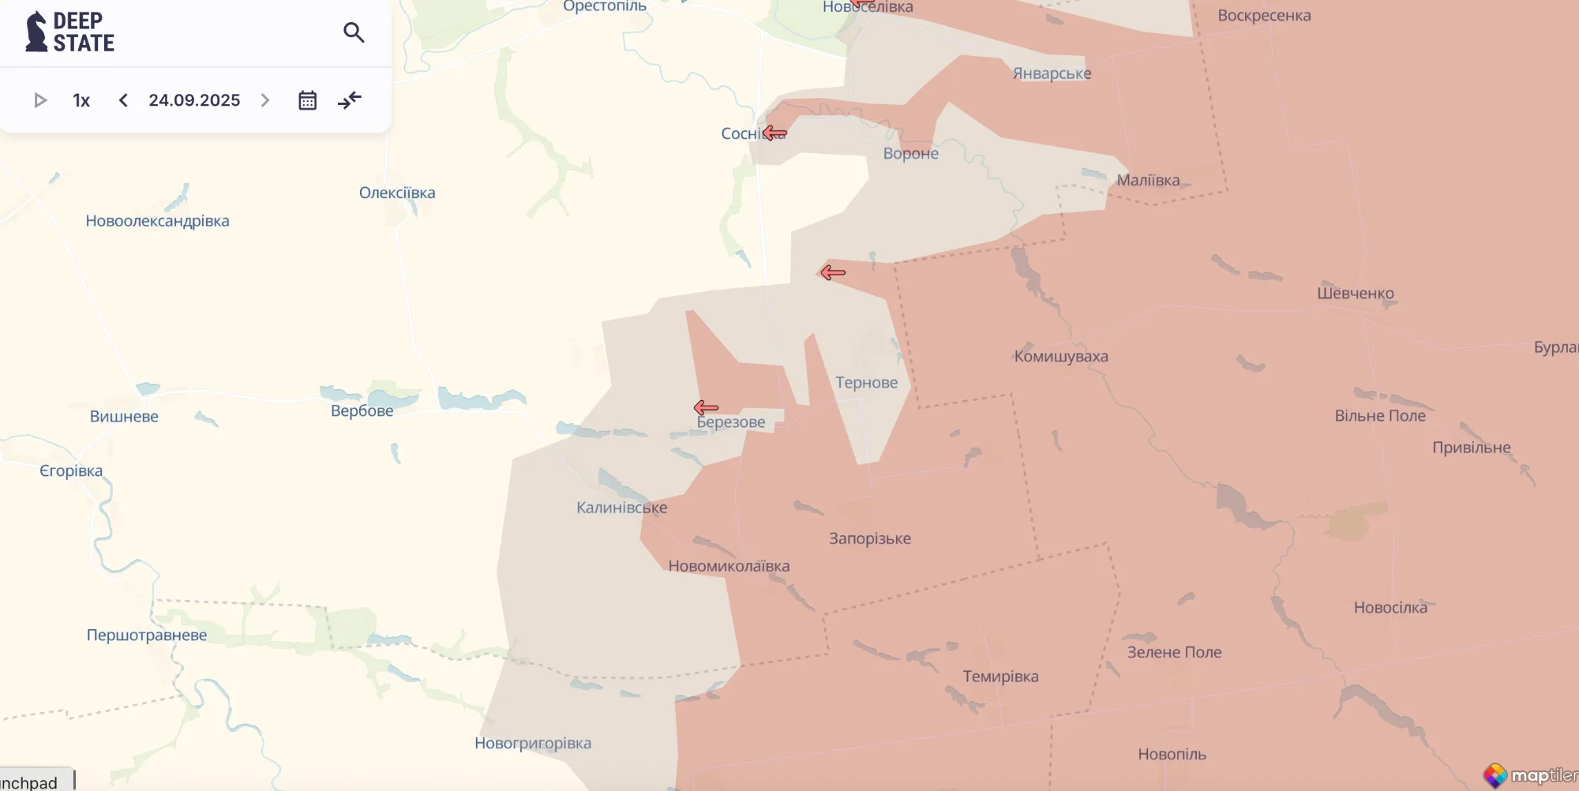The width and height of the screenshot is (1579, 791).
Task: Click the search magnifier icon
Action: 354,32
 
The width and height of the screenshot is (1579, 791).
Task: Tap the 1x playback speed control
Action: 81,100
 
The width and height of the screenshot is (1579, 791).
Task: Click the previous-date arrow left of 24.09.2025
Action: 123,100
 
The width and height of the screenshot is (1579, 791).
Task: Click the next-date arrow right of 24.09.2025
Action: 265,100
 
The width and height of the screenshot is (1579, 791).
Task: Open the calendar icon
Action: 307,100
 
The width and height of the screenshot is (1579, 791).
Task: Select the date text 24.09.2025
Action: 194,100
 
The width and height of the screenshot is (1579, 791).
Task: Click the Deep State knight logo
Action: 37,32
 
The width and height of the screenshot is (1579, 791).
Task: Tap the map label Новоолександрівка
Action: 157,221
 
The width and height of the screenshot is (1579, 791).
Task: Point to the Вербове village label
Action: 362,410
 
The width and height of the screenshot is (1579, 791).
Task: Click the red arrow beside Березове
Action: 706,407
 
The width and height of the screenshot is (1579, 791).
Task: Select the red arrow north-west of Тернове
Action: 832,272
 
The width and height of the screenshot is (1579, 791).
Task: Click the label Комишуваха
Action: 1060,356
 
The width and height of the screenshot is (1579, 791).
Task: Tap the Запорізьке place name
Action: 869,538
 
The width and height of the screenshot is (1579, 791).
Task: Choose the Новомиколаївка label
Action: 729,566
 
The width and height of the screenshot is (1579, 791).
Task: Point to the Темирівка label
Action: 1000,677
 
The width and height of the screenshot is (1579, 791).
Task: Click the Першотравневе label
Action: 147,635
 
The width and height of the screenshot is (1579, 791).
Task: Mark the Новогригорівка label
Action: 532,743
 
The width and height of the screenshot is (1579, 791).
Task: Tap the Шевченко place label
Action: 1355,293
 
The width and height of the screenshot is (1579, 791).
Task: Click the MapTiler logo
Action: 1529,775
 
